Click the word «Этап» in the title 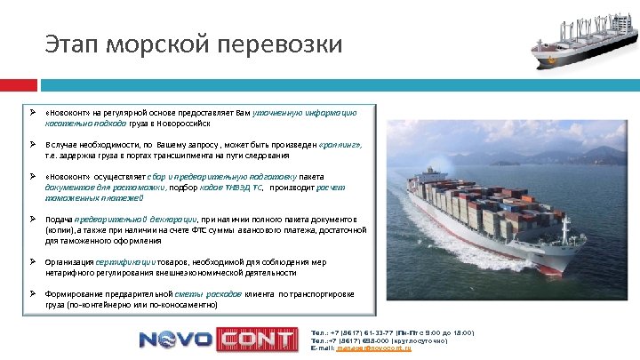point(71,43)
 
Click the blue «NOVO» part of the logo point(174,340)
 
